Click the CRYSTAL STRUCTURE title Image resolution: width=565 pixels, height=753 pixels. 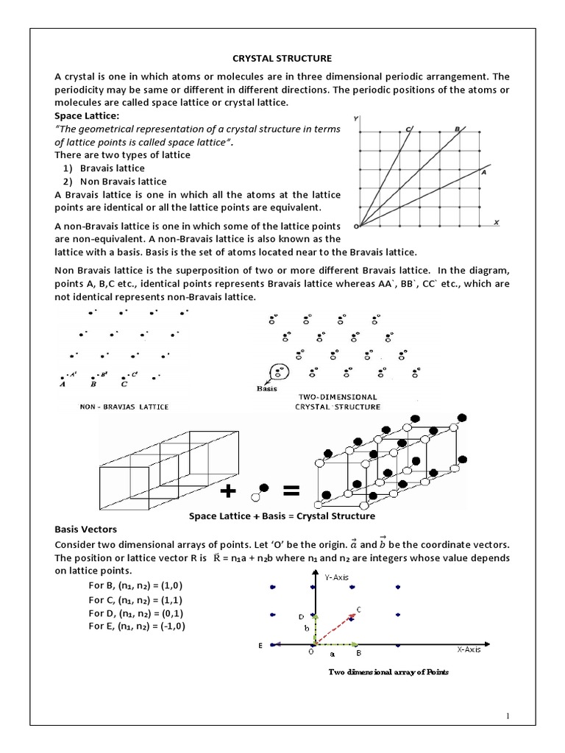point(282,57)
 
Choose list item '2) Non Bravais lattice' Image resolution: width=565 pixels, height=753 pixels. point(114,181)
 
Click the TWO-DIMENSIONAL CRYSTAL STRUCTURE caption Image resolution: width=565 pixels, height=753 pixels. point(337,402)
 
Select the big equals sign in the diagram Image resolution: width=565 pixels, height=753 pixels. point(292,490)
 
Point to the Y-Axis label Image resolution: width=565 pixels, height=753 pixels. point(337,578)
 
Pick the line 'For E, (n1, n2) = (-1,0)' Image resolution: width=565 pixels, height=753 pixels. point(138,626)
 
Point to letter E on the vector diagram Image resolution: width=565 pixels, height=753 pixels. point(260,646)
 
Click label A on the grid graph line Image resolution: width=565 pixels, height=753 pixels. point(483,171)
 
